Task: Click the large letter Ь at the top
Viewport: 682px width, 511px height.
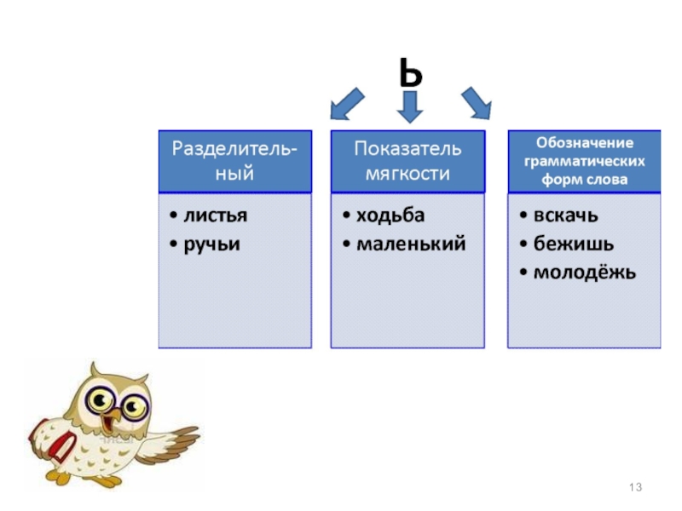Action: tap(408, 73)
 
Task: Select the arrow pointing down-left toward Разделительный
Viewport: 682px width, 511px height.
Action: tap(346, 104)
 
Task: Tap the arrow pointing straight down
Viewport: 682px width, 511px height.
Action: tap(410, 106)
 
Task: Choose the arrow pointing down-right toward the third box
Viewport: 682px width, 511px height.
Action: tap(477, 104)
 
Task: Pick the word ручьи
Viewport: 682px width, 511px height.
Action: tap(212, 244)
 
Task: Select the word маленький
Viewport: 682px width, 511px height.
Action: tap(411, 244)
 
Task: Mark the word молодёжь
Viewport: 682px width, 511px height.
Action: tap(584, 273)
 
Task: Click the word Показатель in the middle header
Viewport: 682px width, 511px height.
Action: tap(407, 149)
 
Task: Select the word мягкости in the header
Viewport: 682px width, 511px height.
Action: tap(407, 174)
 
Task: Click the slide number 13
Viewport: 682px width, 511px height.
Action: tap(634, 486)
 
